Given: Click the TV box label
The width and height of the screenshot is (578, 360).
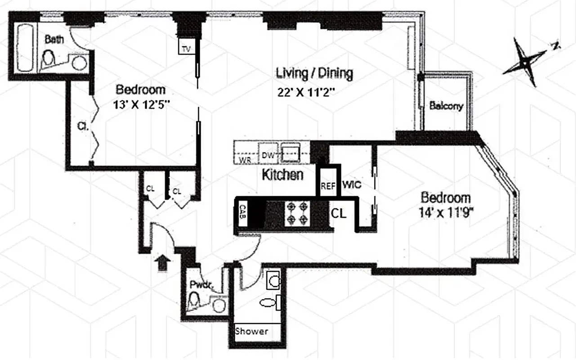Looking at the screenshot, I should click(x=186, y=47).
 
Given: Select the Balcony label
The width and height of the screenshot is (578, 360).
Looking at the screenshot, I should click(x=446, y=107).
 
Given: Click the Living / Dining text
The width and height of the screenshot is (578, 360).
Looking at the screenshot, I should click(x=314, y=72).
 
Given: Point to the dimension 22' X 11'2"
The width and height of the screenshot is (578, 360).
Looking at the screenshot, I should click(x=307, y=93).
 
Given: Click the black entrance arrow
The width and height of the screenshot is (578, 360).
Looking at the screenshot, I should click(x=162, y=262).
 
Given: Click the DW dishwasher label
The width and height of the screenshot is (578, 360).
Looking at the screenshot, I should click(x=268, y=156).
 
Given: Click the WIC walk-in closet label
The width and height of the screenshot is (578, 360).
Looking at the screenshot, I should click(x=352, y=185).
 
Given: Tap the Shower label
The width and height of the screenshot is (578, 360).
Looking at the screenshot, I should click(x=252, y=331).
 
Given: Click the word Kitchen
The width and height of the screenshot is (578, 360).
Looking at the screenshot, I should click(x=282, y=175).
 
